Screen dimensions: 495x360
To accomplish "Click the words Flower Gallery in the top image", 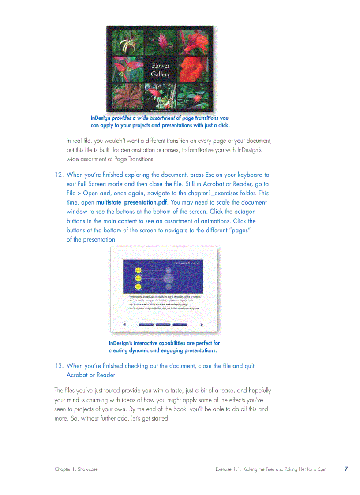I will click(160, 70).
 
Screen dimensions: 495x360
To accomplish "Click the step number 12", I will click(59, 175).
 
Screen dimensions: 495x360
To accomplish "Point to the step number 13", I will click(59, 366).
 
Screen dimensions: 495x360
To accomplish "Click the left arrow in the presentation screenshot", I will click(124, 324).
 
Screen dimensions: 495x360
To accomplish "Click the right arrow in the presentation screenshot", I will click(202, 324).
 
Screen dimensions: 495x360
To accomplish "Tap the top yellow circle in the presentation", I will click(138, 270).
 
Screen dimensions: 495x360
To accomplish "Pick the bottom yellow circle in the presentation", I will click(138, 287).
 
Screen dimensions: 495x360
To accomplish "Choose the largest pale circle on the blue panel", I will click(168, 278).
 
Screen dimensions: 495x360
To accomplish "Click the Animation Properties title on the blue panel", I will click(188, 263).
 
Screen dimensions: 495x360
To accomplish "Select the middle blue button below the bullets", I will click(163, 324).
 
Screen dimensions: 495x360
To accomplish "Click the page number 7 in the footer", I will click(346, 469).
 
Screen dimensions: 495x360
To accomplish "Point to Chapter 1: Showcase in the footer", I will click(76, 469).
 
